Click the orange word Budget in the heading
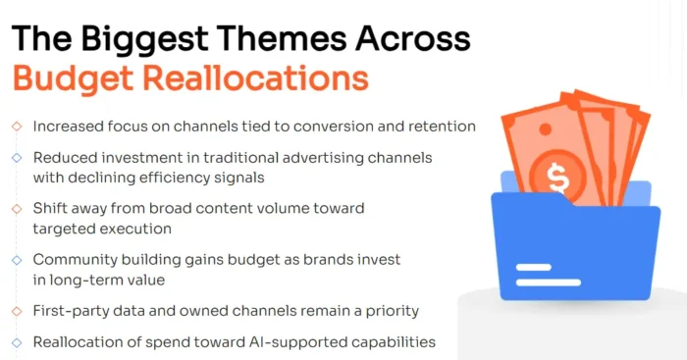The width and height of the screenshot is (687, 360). click(x=69, y=77)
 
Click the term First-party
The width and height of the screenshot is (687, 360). click(x=72, y=310)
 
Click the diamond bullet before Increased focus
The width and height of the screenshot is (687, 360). click(x=16, y=127)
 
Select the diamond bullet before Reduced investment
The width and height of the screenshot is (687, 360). click(x=16, y=157)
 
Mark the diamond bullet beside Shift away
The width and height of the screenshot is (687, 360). click(x=16, y=208)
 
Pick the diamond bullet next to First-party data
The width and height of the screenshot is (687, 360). click(x=16, y=310)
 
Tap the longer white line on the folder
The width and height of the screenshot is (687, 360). click(x=548, y=266)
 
